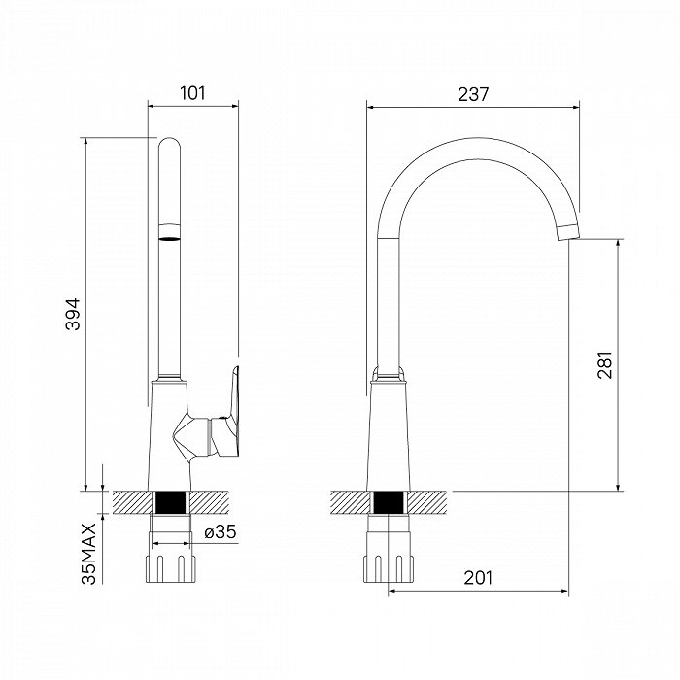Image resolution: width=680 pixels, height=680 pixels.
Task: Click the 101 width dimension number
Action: [192, 93]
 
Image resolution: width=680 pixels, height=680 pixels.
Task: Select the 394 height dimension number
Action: [73, 315]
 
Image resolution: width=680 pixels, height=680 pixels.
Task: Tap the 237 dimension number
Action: [473, 94]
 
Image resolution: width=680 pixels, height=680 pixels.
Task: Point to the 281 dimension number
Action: [605, 365]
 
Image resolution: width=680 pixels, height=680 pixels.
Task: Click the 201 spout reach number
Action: [478, 578]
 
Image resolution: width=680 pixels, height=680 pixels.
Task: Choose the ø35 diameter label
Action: [221, 531]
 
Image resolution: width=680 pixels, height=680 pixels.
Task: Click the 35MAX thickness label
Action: [89, 554]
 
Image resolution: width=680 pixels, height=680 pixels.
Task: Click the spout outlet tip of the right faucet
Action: [568, 232]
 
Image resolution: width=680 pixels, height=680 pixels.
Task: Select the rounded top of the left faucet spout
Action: [169, 144]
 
